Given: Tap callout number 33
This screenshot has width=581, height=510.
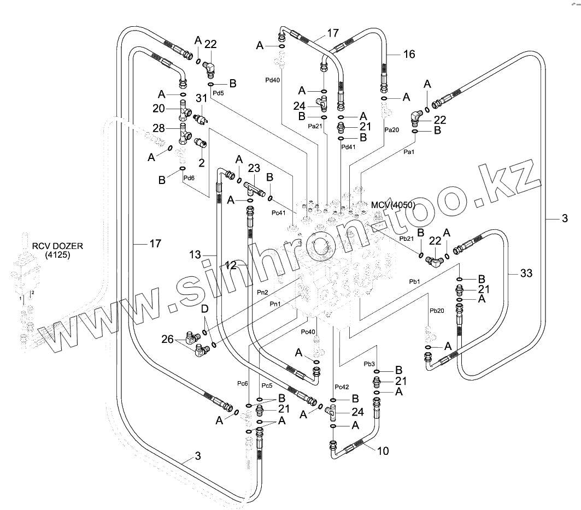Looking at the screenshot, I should pyautogui.click(x=525, y=273).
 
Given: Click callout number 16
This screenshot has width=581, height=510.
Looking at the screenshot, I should pyautogui.click(x=409, y=54).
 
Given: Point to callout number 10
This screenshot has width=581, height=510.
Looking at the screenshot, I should pyautogui.click(x=383, y=451).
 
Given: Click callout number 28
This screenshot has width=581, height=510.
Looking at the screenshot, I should pyautogui.click(x=159, y=128).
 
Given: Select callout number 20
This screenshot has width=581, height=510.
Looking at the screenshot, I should pyautogui.click(x=159, y=109).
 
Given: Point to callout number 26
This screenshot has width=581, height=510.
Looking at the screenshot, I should pyautogui.click(x=168, y=340).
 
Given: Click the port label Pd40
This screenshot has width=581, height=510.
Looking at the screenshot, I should pyautogui.click(x=272, y=80).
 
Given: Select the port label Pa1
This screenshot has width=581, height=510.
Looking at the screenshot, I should pyautogui.click(x=408, y=152).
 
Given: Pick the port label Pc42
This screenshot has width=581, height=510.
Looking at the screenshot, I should pyautogui.click(x=342, y=387).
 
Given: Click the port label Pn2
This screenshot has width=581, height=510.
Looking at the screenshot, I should pyautogui.click(x=262, y=293).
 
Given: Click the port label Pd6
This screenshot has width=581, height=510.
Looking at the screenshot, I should pyautogui.click(x=189, y=177).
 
